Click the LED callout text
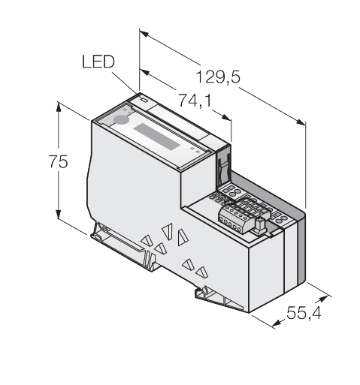click(x=98, y=62)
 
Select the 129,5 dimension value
click(x=218, y=77)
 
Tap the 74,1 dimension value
click(x=195, y=101)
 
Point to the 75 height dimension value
click(x=58, y=161)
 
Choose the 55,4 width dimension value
click(x=304, y=313)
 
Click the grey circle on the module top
click(x=121, y=120)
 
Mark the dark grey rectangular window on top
click(x=156, y=137)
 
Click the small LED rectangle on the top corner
click(x=144, y=100)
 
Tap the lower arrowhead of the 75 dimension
click(x=59, y=213)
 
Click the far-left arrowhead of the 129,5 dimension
click(x=144, y=34)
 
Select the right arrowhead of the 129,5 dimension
click(x=301, y=122)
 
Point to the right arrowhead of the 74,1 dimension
click(x=226, y=117)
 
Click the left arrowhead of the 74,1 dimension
click(x=144, y=72)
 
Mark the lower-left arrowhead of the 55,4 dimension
click(x=277, y=323)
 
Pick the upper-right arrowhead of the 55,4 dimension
click(x=322, y=299)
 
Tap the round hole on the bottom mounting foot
click(x=204, y=290)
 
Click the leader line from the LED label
click(x=125, y=83)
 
